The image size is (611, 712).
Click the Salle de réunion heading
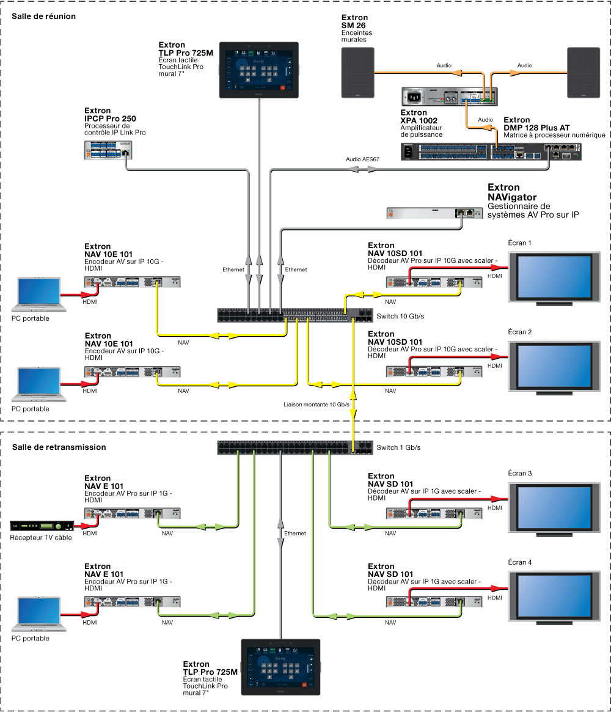43,17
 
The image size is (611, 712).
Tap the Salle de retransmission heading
59,447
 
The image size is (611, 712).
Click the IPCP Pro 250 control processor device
108,150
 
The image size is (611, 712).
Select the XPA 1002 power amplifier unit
450,97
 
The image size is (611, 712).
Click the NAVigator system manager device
434,213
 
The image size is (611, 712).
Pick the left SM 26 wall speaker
357,73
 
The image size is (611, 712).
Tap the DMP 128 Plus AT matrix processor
491,152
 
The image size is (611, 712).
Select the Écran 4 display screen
554,598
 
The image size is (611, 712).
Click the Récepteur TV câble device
42,526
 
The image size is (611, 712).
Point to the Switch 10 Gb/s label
400,316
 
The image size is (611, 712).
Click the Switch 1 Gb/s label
398,447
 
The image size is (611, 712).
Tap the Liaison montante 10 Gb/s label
316,405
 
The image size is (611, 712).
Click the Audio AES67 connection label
362,160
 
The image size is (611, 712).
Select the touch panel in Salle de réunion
259,70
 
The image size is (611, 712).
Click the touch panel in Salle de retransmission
280,667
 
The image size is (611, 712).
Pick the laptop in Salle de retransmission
39,614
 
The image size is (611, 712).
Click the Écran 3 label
520,473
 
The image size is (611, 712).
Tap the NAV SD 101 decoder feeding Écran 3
434,513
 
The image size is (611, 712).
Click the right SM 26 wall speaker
584,73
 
